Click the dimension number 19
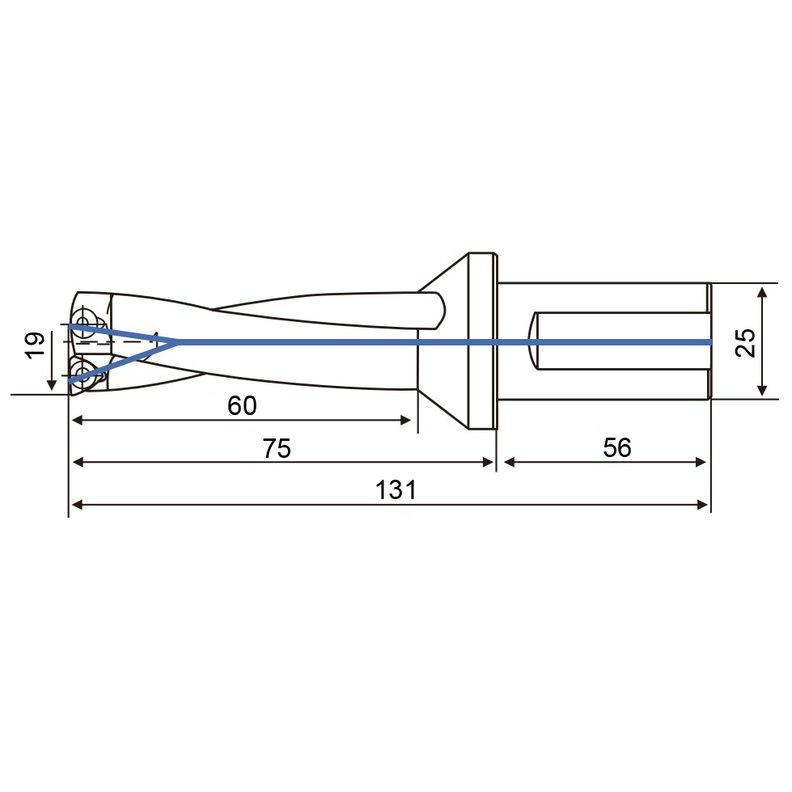click(x=36, y=345)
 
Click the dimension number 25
click(x=746, y=343)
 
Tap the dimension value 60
click(x=242, y=405)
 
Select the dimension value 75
click(x=277, y=448)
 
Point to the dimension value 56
click(x=617, y=447)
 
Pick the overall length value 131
click(x=396, y=490)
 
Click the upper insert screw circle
click(x=83, y=320)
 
